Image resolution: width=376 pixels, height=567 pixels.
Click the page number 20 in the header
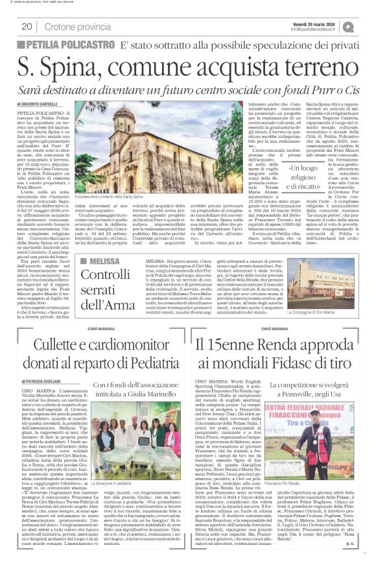27,27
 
